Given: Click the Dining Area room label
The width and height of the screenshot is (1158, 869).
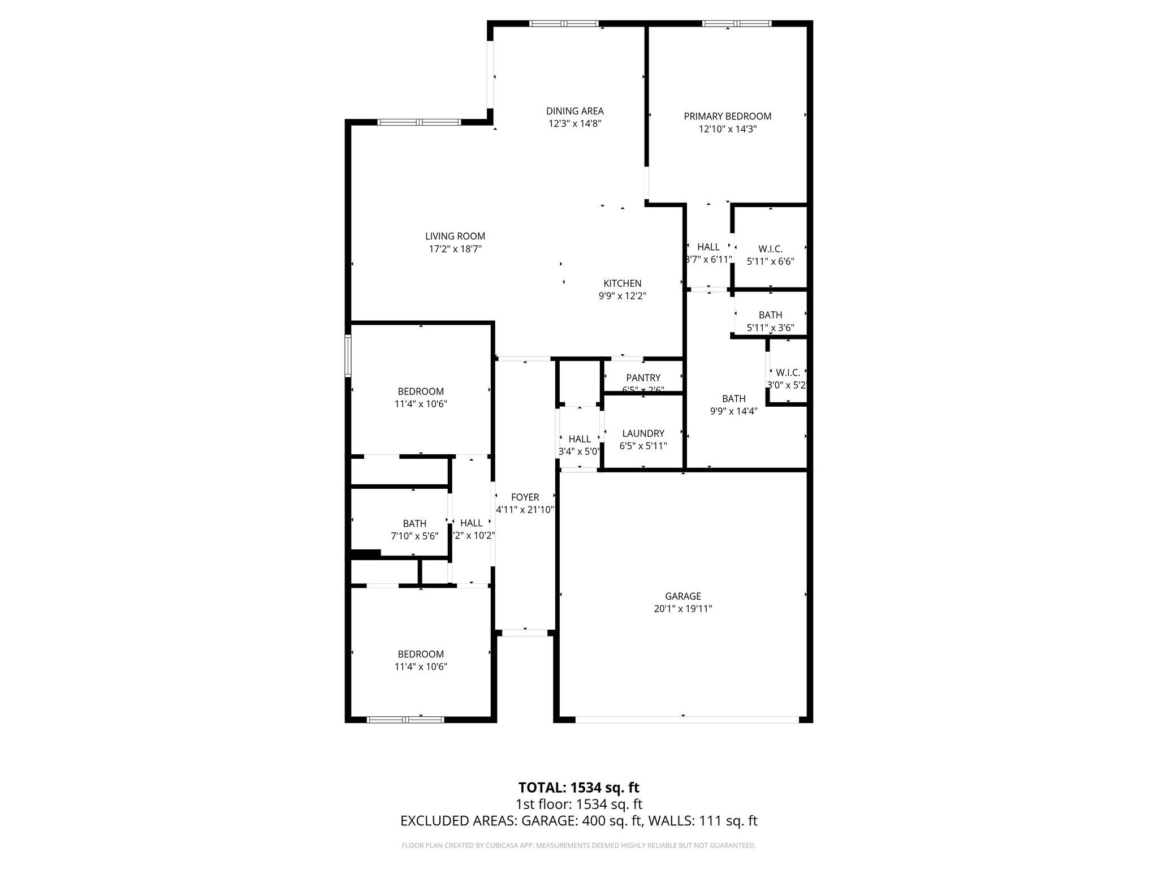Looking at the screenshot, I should point(574,111).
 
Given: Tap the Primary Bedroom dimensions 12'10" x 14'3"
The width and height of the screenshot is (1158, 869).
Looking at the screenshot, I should point(727,129).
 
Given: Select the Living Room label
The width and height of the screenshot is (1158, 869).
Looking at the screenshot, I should point(455,236).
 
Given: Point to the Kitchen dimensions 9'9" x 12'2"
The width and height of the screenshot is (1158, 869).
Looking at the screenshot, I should point(622,296).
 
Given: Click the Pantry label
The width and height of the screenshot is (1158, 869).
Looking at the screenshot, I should point(643,378).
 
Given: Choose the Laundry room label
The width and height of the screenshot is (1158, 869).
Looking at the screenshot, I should point(643,433).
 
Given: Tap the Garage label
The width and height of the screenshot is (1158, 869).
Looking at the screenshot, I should point(682,596).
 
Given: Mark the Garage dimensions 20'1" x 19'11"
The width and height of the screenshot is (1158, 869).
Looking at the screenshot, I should point(682,609).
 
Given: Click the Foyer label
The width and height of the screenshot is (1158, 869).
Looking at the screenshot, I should point(525,497).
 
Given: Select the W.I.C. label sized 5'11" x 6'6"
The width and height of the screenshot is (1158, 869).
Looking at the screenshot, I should point(770,249).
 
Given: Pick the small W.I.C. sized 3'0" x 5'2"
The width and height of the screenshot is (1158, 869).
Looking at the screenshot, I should point(788,373).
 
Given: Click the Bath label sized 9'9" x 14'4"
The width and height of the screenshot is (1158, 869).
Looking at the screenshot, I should point(733,399).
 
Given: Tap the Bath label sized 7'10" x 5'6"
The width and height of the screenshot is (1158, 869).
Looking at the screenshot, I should point(414,524).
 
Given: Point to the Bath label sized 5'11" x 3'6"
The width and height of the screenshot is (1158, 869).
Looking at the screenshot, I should point(770,315).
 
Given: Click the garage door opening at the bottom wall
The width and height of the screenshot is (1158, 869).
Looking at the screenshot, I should point(687,720).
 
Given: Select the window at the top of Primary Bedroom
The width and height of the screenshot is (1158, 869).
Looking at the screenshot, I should point(736,24).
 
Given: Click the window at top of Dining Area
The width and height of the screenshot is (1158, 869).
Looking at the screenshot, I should point(564,24).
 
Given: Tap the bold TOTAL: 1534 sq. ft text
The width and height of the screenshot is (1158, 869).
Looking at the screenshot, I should point(578,788).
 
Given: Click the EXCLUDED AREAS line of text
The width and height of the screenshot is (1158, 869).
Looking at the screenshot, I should point(578,821).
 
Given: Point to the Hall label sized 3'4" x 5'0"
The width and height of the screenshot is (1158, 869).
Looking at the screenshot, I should point(579,439).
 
